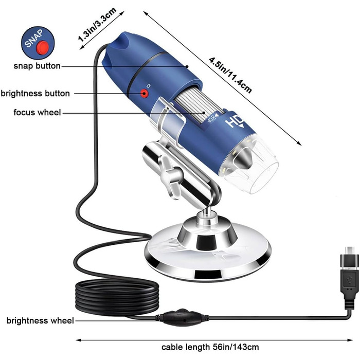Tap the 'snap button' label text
pyautogui.click(x=38, y=66)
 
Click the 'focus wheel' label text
pyautogui.click(x=38, y=112)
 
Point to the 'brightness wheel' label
pyautogui.click(x=40, y=321)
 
